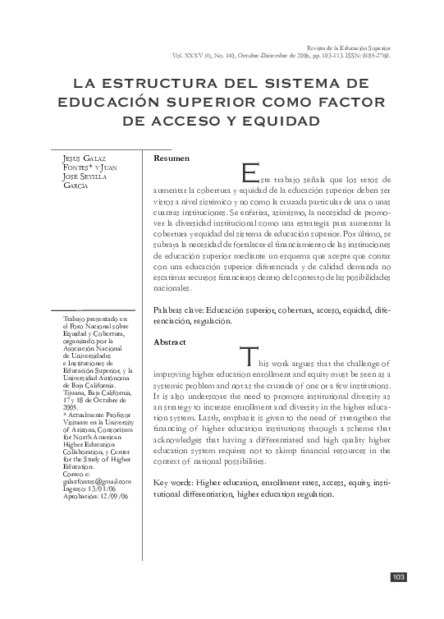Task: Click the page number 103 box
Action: click(398, 578)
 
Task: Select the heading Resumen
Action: click(172, 158)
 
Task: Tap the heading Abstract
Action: click(170, 342)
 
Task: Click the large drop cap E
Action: click(250, 173)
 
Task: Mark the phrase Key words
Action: click(173, 482)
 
